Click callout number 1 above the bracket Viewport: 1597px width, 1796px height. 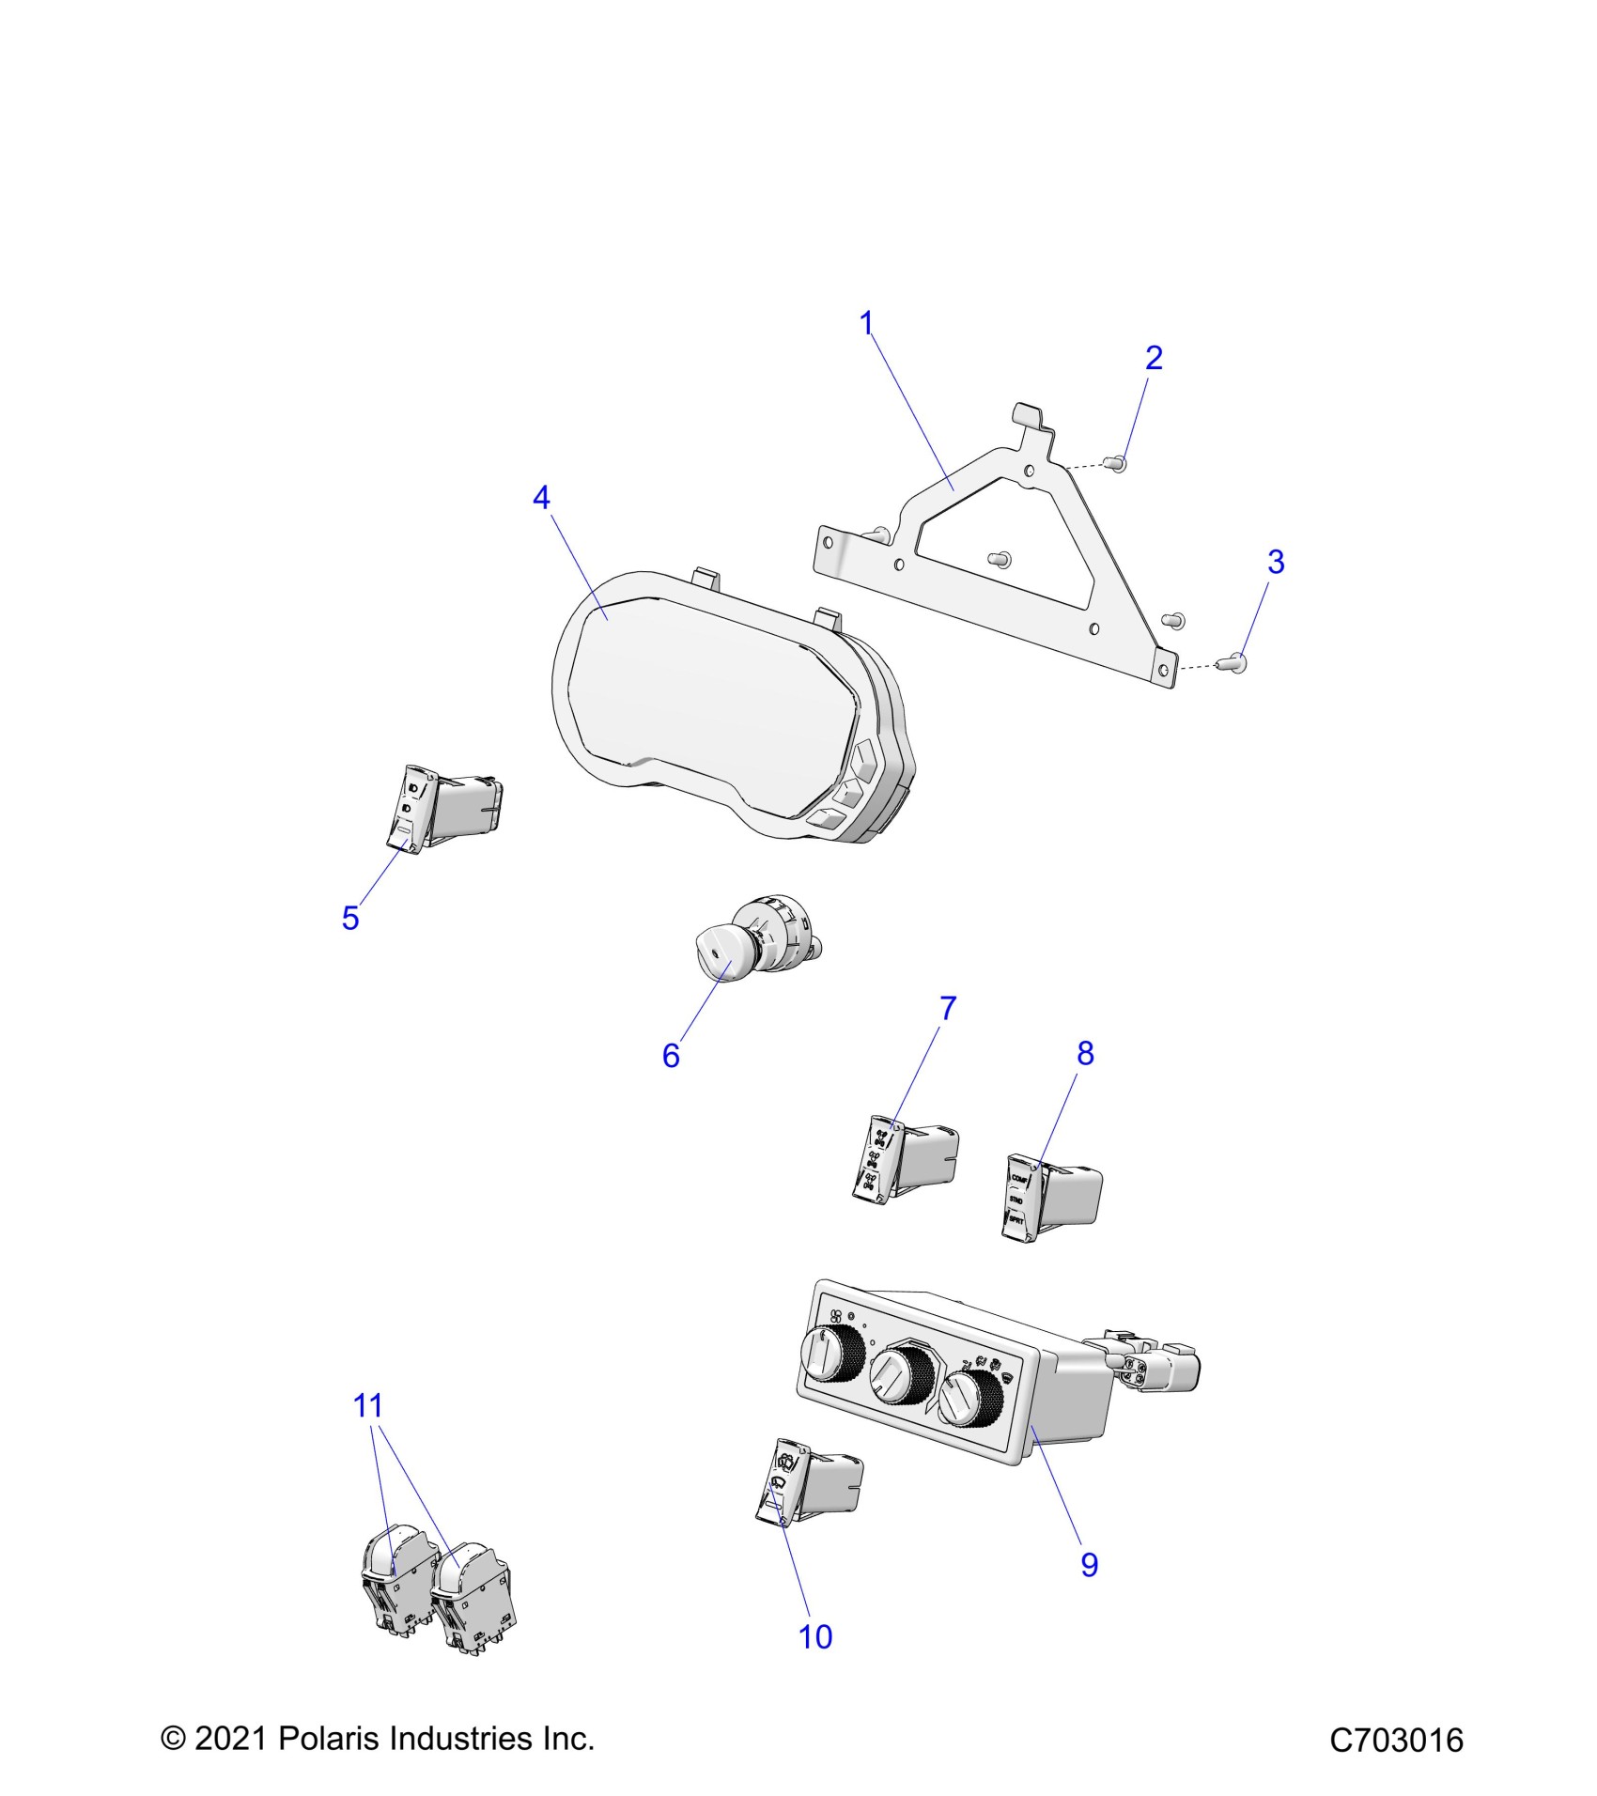click(866, 324)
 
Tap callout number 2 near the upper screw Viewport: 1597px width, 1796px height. click(1154, 358)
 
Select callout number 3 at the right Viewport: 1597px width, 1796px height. click(1275, 562)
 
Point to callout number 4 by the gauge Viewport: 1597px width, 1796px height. click(541, 498)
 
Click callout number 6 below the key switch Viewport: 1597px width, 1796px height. click(671, 1056)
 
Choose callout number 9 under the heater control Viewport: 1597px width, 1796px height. click(1089, 1564)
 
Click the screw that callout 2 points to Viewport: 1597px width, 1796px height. click(1117, 462)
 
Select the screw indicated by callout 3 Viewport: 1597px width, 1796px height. click(1233, 664)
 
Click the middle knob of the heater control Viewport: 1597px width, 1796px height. click(900, 1375)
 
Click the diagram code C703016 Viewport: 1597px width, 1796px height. click(1396, 1740)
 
